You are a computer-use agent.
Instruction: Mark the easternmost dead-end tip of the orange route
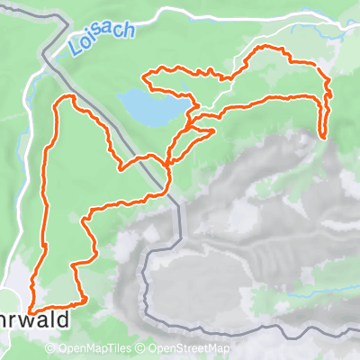[322, 137]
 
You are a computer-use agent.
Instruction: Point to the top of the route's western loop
[65, 96]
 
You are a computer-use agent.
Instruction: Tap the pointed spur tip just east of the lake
[213, 131]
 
